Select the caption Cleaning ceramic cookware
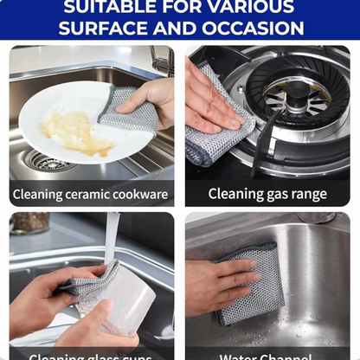click(90, 194)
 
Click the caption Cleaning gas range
click(267, 194)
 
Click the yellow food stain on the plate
click(75, 131)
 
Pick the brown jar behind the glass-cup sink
click(29, 222)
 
